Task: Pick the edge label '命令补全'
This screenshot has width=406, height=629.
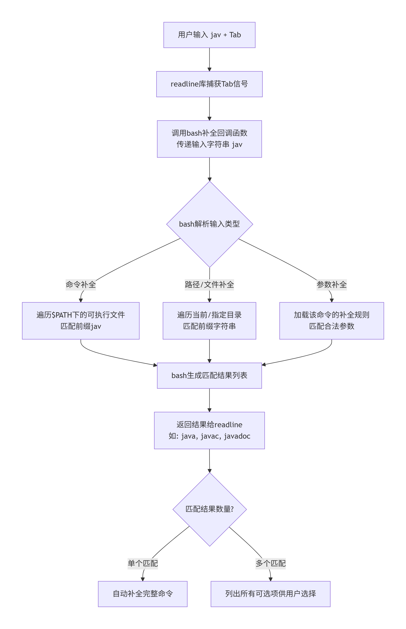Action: point(81,284)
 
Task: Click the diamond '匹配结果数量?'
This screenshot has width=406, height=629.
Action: point(209,509)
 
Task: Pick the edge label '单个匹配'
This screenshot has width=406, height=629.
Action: point(143,563)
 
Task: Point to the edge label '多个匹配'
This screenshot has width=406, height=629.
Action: point(271,563)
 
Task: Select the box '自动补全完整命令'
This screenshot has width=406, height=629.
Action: point(143,594)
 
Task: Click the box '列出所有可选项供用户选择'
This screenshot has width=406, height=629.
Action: point(271,594)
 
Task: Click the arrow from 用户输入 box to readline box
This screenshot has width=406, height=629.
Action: point(209,59)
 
